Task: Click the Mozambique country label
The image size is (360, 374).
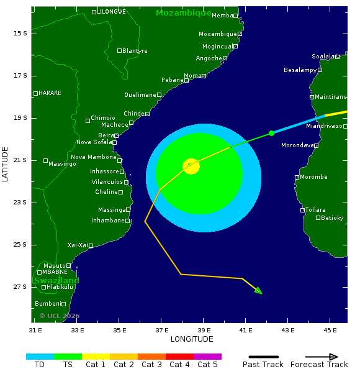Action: click(x=183, y=13)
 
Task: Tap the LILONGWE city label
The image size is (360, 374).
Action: click(x=112, y=12)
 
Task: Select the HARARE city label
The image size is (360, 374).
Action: click(x=50, y=93)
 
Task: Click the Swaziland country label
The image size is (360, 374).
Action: click(x=56, y=281)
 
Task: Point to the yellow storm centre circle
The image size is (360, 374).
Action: click(x=191, y=166)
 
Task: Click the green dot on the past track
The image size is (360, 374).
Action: click(x=271, y=134)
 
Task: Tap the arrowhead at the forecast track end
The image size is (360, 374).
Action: click(x=259, y=291)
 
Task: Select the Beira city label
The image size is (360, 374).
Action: click(x=106, y=135)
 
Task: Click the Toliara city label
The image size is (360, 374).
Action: click(x=315, y=210)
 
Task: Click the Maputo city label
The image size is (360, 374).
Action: click(x=54, y=266)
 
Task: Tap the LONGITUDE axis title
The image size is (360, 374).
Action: click(x=192, y=339)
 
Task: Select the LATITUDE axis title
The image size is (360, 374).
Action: click(x=6, y=165)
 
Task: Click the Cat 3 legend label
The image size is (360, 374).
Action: click(x=151, y=365)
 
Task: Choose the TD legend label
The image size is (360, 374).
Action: click(x=40, y=365)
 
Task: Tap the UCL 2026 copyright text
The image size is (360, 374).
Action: click(x=60, y=316)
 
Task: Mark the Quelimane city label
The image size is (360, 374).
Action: click(x=139, y=95)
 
